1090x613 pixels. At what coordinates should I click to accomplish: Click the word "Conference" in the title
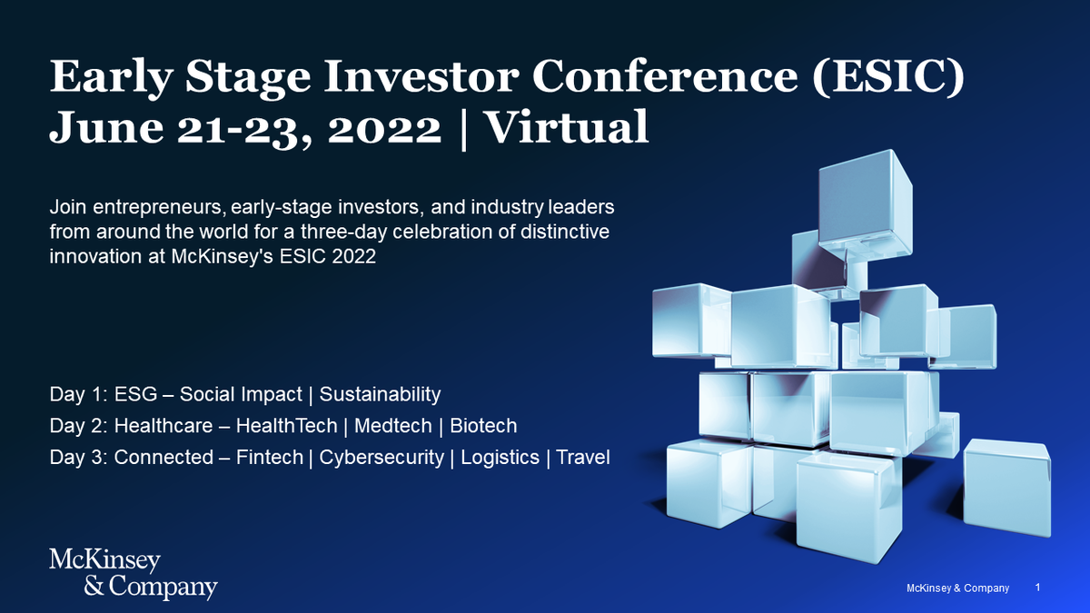(x=665, y=76)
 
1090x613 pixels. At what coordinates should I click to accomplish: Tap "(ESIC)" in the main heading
(x=888, y=77)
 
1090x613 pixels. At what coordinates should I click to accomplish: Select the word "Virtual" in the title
(x=568, y=126)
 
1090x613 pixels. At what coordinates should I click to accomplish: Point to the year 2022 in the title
(x=384, y=129)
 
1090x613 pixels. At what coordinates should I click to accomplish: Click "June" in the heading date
(x=106, y=127)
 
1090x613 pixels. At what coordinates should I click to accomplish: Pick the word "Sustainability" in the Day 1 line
(x=380, y=394)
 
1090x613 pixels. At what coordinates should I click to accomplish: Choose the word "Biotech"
(x=483, y=426)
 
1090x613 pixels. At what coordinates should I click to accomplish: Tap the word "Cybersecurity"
(x=381, y=458)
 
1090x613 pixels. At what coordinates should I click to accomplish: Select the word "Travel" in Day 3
(x=583, y=458)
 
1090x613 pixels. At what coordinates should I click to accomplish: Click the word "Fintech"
(x=270, y=458)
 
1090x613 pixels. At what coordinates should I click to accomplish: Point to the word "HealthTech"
(x=287, y=426)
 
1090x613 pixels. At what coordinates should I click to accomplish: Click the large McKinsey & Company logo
(x=134, y=575)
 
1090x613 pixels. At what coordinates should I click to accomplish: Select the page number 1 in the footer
(x=1038, y=588)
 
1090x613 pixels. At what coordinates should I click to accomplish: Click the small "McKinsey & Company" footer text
(x=957, y=588)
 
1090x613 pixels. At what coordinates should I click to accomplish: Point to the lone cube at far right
(x=1006, y=488)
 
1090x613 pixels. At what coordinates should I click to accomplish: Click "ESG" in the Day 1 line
(x=135, y=394)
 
